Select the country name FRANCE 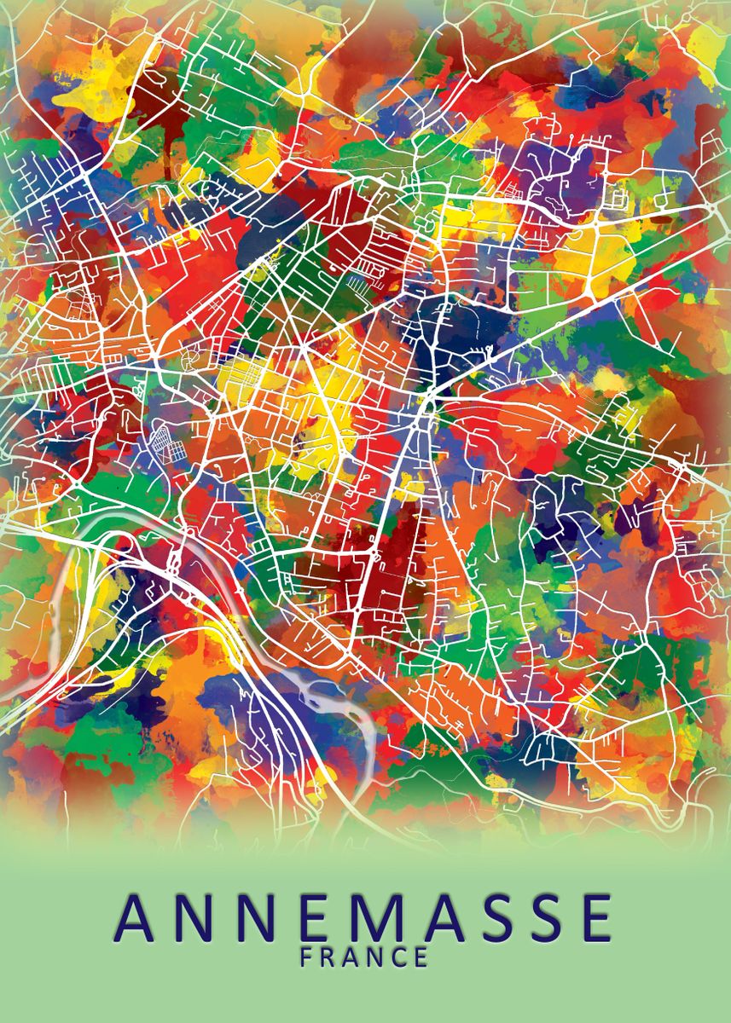point(364,957)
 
